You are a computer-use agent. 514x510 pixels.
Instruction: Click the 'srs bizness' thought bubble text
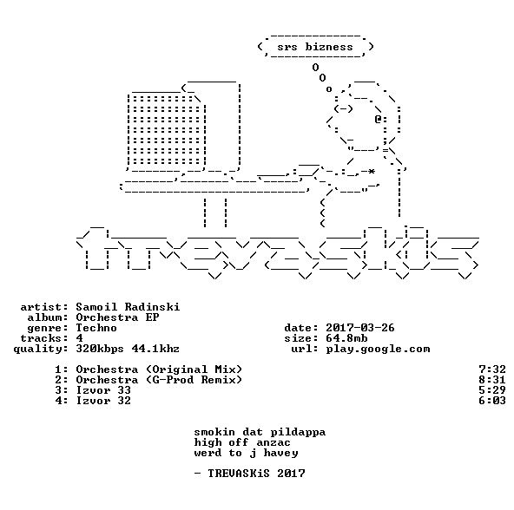(x=315, y=47)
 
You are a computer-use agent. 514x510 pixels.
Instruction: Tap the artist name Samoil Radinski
(x=128, y=307)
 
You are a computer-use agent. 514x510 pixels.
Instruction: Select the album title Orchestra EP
(x=117, y=317)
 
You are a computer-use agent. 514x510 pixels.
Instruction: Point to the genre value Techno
(x=96, y=328)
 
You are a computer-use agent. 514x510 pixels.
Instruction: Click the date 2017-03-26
(x=360, y=328)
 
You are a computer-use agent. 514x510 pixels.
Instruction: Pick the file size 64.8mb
(x=346, y=338)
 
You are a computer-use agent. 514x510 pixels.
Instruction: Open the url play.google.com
(x=378, y=350)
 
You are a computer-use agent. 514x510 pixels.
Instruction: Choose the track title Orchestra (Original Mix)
(x=159, y=369)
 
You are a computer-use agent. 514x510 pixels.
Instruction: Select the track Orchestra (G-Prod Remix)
(x=159, y=380)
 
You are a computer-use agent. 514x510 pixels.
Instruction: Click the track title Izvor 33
(x=103, y=390)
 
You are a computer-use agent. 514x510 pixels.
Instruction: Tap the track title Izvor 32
(x=103, y=401)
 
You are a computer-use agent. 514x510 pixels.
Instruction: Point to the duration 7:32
(x=492, y=369)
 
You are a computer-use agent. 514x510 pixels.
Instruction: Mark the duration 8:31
(x=492, y=380)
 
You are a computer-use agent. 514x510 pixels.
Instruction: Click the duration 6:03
(x=492, y=401)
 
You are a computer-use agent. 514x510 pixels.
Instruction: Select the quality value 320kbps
(x=100, y=350)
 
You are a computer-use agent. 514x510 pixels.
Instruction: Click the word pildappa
(x=298, y=433)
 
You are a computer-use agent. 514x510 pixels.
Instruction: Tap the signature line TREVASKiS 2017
(x=256, y=474)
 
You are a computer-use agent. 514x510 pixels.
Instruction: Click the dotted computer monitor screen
(x=166, y=130)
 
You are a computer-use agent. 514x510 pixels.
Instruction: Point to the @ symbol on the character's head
(x=378, y=119)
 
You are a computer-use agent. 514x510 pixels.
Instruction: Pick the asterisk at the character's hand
(x=371, y=172)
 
